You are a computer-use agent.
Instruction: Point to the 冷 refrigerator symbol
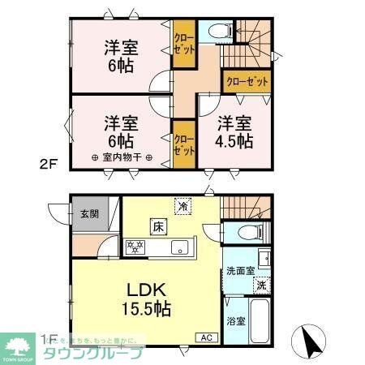click(185, 206)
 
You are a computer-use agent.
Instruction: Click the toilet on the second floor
click(216, 32)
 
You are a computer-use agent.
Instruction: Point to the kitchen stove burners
click(134, 246)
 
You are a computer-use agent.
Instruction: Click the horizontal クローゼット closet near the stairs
click(246, 82)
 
